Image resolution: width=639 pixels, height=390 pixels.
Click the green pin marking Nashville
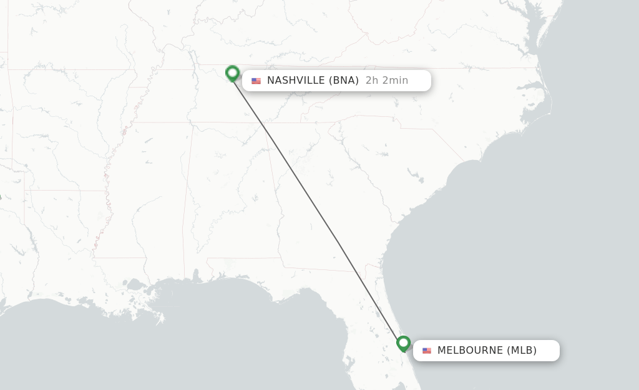(233, 73)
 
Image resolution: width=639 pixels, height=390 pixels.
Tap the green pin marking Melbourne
(404, 343)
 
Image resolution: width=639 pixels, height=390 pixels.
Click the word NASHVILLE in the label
(295, 80)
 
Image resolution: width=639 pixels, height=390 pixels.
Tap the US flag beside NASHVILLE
(256, 81)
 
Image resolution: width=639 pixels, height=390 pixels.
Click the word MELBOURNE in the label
(470, 350)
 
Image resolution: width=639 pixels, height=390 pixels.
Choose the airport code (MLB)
(522, 350)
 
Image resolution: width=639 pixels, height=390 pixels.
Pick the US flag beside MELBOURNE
(427, 351)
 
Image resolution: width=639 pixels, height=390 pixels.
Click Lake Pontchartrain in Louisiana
(134, 285)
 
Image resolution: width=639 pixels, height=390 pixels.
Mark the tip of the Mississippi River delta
(161, 320)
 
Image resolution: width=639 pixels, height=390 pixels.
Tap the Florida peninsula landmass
(381, 350)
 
